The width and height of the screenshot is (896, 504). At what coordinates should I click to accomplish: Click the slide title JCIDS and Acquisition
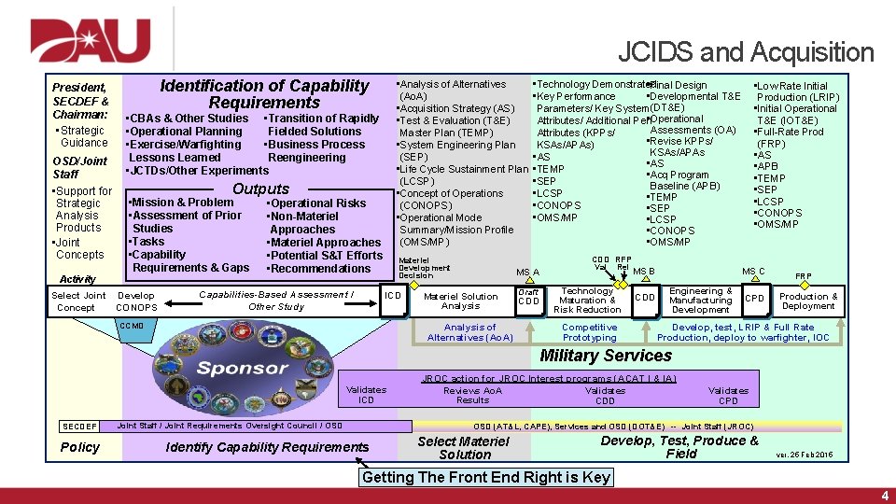pyautogui.click(x=745, y=52)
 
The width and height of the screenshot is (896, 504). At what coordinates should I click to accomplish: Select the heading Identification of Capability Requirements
pyautogui.click(x=264, y=94)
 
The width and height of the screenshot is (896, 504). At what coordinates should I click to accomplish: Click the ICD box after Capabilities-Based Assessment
pyautogui.click(x=393, y=295)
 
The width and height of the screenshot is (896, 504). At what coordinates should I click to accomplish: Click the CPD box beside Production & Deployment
pyautogui.click(x=754, y=300)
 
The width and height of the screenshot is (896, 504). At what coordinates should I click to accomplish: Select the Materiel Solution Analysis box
pyautogui.click(x=460, y=301)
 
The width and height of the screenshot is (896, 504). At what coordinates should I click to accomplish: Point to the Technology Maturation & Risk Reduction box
pyautogui.click(x=587, y=300)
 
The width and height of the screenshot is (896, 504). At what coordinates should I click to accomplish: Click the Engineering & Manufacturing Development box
pyautogui.click(x=700, y=300)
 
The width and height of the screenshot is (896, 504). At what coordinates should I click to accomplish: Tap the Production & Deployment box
pyautogui.click(x=808, y=301)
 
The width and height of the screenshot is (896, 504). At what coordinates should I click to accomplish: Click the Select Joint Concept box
pyautogui.click(x=79, y=301)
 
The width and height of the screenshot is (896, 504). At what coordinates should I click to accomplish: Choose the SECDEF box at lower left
pyautogui.click(x=79, y=427)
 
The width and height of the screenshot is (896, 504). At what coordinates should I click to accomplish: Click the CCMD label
pyautogui.click(x=131, y=326)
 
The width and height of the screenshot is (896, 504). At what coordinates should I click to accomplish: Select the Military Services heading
pyautogui.click(x=605, y=356)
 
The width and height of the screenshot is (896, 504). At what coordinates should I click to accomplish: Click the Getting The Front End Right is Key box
pyautogui.click(x=486, y=477)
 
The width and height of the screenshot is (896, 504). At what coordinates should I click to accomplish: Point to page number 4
pyautogui.click(x=884, y=496)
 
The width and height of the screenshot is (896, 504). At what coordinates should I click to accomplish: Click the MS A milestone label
pyautogui.click(x=527, y=273)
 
